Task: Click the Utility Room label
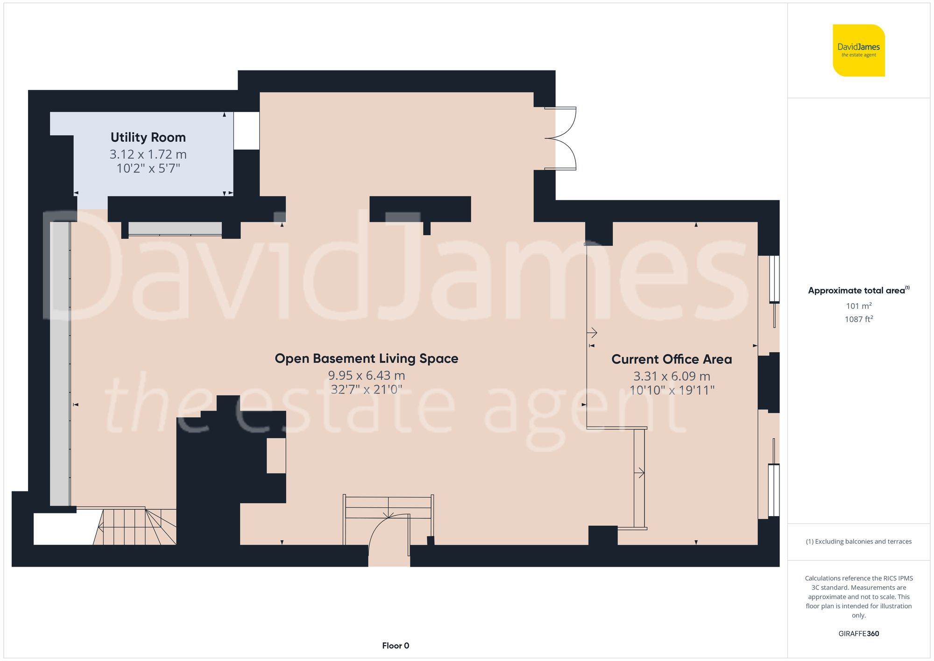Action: pyautogui.click(x=148, y=137)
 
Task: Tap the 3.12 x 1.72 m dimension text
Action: pyautogui.click(x=148, y=154)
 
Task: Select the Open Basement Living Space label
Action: pyautogui.click(x=366, y=358)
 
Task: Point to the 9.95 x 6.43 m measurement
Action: pyautogui.click(x=366, y=375)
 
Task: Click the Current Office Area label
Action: pyautogui.click(x=672, y=359)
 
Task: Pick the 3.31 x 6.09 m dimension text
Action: pyautogui.click(x=672, y=376)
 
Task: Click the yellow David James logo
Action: pyautogui.click(x=858, y=50)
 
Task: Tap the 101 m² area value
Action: pyautogui.click(x=858, y=306)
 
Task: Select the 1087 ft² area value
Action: pyautogui.click(x=858, y=320)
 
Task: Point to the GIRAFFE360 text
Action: pyautogui.click(x=858, y=634)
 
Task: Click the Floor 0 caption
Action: pyautogui.click(x=395, y=646)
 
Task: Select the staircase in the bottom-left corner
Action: pyautogui.click(x=135, y=526)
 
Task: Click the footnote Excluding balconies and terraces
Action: pyautogui.click(x=858, y=541)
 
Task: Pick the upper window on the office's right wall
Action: pyautogui.click(x=774, y=279)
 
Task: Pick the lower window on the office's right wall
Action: pyautogui.click(x=774, y=490)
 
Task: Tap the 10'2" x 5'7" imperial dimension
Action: pyautogui.click(x=148, y=169)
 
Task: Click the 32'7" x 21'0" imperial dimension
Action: pyautogui.click(x=366, y=390)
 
